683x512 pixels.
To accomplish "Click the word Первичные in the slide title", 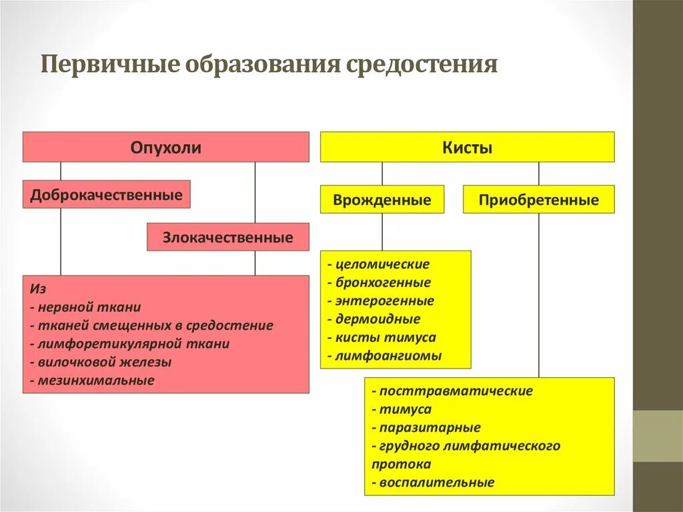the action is pyautogui.click(x=112, y=65).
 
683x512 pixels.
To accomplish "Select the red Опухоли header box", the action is pyautogui.click(x=165, y=147).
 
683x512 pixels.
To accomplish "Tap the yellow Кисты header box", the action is pyautogui.click(x=467, y=148).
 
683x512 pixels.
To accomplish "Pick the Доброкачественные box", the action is pyautogui.click(x=106, y=195).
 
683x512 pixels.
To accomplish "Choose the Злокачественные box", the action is pyautogui.click(x=228, y=237).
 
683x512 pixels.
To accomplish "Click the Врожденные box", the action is pyautogui.click(x=382, y=200).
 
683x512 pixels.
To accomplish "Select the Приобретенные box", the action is pyautogui.click(x=538, y=200).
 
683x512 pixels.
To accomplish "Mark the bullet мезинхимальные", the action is pyautogui.click(x=95, y=380).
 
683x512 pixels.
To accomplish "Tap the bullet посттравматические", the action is pyautogui.click(x=456, y=391).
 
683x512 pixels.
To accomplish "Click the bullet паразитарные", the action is pyautogui.click(x=430, y=428).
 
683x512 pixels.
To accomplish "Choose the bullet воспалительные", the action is pyautogui.click(x=437, y=482).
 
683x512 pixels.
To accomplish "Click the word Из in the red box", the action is pyautogui.click(x=37, y=289).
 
